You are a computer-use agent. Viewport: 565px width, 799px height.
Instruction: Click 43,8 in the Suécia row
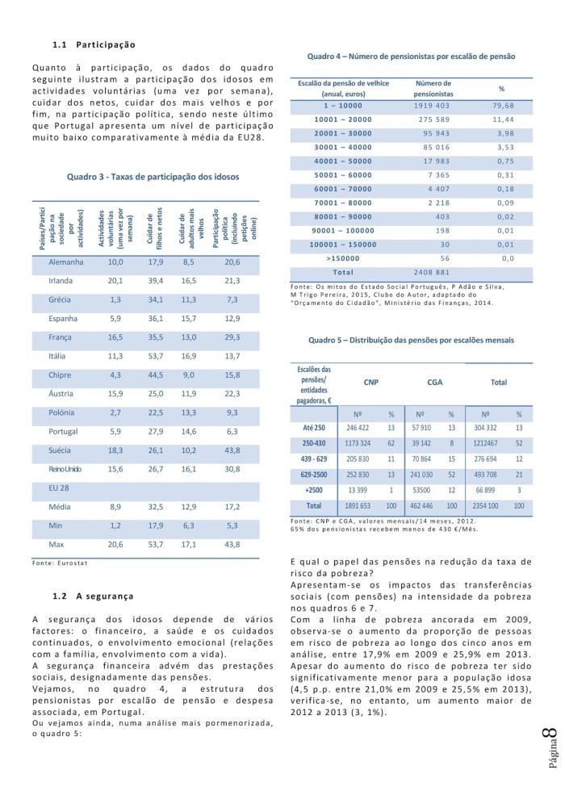(x=232, y=450)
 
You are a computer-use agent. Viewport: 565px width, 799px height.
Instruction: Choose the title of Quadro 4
(x=412, y=56)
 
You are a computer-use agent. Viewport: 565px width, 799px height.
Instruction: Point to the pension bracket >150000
(x=342, y=258)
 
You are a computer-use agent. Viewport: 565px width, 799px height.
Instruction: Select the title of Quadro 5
(x=411, y=341)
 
